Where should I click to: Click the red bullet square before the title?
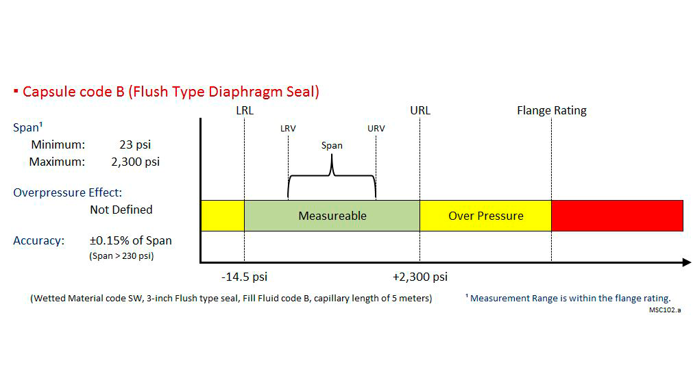click(x=16, y=91)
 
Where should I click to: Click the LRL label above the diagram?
click(x=245, y=110)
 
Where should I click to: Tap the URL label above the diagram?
click(x=420, y=110)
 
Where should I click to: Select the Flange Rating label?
click(x=552, y=110)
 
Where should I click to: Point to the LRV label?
click(x=288, y=129)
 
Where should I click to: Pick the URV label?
click(x=376, y=129)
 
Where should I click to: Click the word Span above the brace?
click(x=332, y=146)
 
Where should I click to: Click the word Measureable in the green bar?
click(x=332, y=216)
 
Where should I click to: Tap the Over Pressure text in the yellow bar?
click(x=486, y=216)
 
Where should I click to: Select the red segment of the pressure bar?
click(x=618, y=216)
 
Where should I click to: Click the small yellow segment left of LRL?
click(x=223, y=216)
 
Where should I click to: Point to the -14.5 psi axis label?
click(x=245, y=277)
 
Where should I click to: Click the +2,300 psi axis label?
click(x=420, y=277)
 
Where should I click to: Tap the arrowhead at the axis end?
click(x=688, y=262)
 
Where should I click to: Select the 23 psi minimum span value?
click(x=135, y=145)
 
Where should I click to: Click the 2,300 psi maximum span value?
click(x=135, y=162)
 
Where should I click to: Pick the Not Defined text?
click(x=121, y=210)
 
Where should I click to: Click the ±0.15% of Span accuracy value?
click(x=130, y=240)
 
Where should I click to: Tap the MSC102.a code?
click(x=665, y=310)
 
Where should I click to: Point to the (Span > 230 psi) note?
click(x=121, y=256)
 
